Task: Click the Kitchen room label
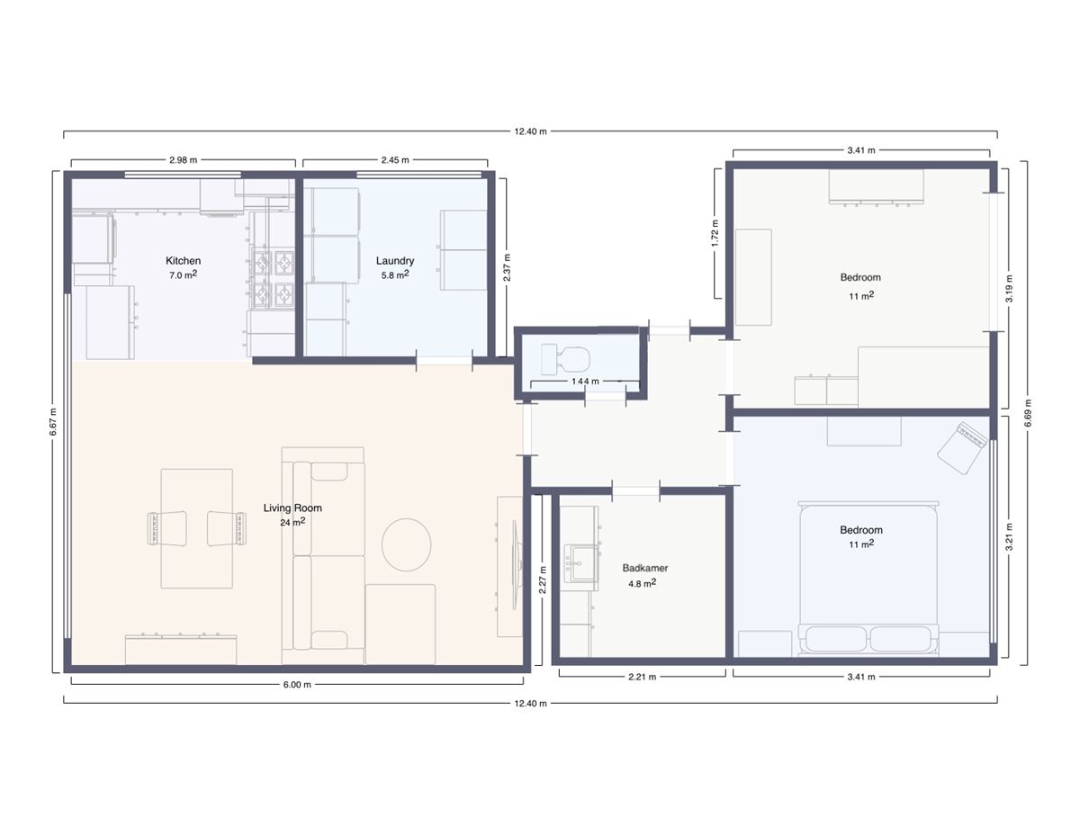pyautogui.click(x=183, y=261)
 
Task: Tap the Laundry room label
pyautogui.click(x=395, y=261)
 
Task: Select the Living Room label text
pyautogui.click(x=292, y=508)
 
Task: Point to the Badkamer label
pyautogui.click(x=645, y=569)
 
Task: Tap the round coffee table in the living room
pyautogui.click(x=407, y=544)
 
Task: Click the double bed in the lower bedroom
pyautogui.click(x=868, y=576)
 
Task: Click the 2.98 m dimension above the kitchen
pyautogui.click(x=183, y=160)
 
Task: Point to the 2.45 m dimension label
pyautogui.click(x=395, y=160)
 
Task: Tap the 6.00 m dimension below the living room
pyautogui.click(x=297, y=685)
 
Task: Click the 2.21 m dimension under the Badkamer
pyautogui.click(x=642, y=677)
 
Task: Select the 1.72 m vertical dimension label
pyautogui.click(x=715, y=232)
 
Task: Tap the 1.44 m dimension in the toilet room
pyautogui.click(x=584, y=382)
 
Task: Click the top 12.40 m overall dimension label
pyautogui.click(x=530, y=131)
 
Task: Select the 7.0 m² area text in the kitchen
pyautogui.click(x=183, y=275)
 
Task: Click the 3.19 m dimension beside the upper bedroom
pyautogui.click(x=1010, y=288)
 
